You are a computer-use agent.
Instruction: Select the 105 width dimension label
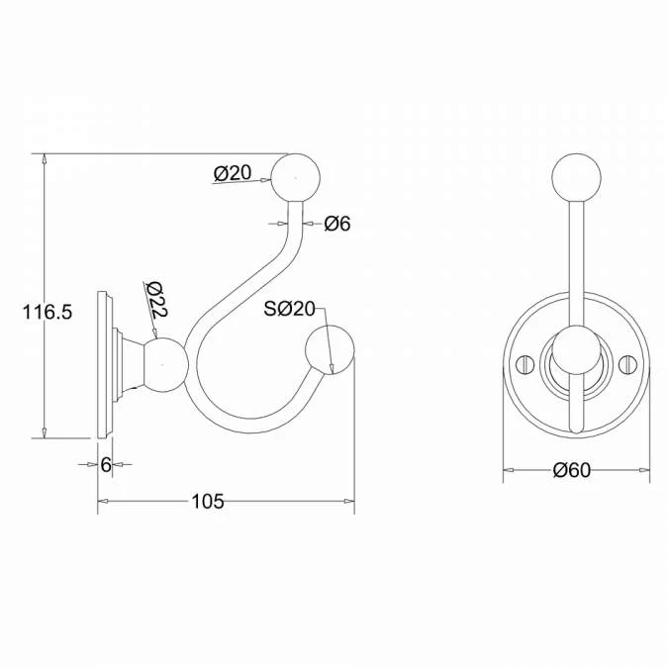click(207, 502)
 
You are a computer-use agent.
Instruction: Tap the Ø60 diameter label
click(572, 470)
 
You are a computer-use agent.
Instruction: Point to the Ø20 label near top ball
click(232, 173)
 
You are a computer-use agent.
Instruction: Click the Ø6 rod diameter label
click(337, 224)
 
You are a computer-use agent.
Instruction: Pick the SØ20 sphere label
click(289, 309)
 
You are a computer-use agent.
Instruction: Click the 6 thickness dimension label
click(105, 465)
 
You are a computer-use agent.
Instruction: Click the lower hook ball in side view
click(329, 350)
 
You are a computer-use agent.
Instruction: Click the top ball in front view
click(576, 178)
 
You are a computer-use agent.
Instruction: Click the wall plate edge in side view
click(103, 363)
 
